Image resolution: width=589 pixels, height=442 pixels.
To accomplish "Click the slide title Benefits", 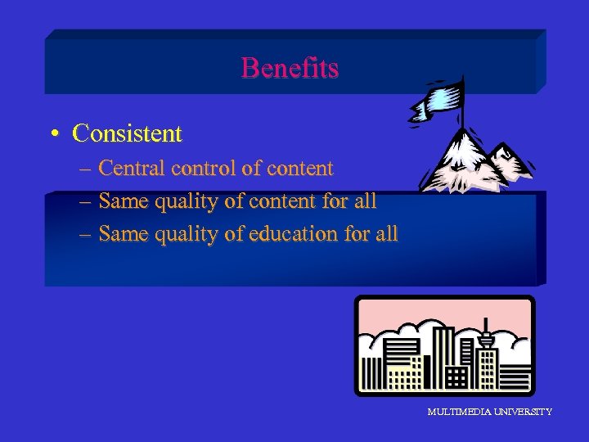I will point(290,68).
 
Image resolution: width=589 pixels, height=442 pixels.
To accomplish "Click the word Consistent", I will point(127,133).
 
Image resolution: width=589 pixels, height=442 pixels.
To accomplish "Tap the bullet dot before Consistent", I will point(52,133).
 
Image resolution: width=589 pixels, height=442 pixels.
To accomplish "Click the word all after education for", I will point(385,234).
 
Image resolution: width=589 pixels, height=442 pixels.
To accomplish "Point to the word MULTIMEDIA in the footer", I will point(458,412).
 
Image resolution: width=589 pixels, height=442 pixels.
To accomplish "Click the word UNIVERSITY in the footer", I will point(522,412).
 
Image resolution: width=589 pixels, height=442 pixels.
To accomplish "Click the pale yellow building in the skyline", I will point(401,377).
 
